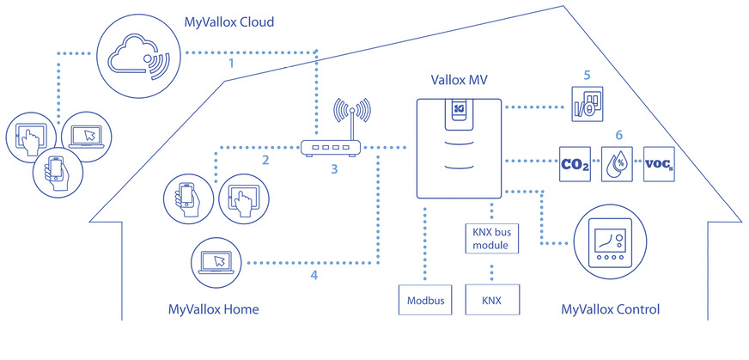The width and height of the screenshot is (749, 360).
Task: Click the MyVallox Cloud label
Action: (228, 21)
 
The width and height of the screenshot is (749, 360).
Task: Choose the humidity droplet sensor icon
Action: (618, 161)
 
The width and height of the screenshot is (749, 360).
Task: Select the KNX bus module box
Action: (491, 240)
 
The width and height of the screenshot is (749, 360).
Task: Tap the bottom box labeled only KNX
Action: (491, 302)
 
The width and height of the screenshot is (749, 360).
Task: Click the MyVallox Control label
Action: (610, 308)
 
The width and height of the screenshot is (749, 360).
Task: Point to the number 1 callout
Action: (230, 64)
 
